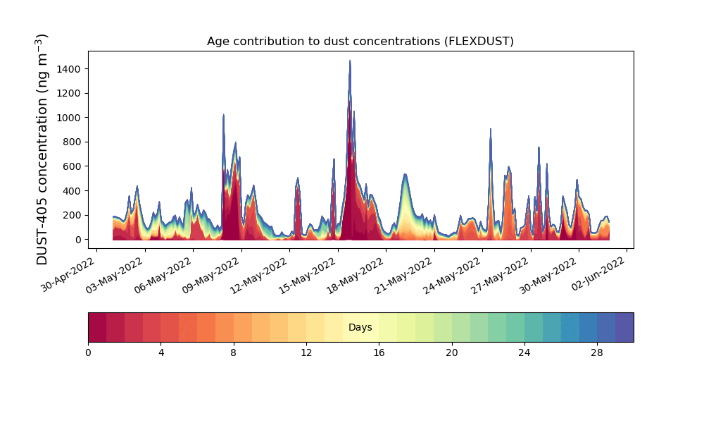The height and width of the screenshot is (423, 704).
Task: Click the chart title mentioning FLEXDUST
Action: tap(360, 42)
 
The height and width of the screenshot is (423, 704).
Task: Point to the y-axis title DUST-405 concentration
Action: tap(42, 149)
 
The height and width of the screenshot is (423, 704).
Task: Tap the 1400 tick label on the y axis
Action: tap(69, 69)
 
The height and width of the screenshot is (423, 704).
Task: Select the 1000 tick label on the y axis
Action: tap(69, 118)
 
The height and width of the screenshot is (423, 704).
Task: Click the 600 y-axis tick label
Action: tap(72, 167)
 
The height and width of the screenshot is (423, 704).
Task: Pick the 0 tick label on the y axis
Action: tap(79, 240)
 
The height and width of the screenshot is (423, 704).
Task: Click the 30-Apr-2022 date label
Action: tap(68, 275)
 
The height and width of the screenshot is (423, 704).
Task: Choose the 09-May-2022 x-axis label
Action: tap(210, 275)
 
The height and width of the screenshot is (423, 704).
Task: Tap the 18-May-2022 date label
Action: tap(355, 275)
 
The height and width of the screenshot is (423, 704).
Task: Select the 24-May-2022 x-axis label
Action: tap(451, 275)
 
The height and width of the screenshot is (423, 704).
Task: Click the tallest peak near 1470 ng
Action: tap(350, 61)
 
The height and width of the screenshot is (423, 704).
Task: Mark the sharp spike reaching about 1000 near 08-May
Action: tap(224, 115)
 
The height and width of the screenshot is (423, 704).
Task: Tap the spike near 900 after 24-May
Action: tap(490, 130)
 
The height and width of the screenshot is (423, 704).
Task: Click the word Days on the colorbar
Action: tap(360, 327)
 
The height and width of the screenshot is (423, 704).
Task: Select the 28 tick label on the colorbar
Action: tap(597, 353)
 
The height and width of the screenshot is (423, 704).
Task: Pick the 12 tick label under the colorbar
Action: tap(306, 353)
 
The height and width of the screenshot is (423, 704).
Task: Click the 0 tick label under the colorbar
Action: tap(88, 353)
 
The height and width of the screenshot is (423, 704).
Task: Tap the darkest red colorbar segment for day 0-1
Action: tap(97, 327)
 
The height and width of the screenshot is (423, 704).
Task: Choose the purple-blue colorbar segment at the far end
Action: tap(624, 327)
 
